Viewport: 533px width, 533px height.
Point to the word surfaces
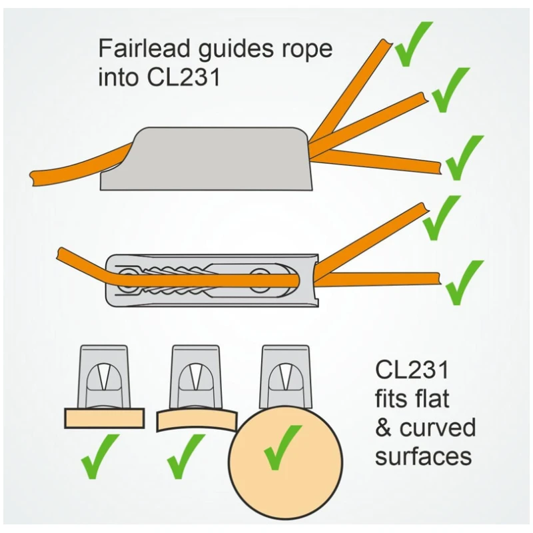[x=424, y=456]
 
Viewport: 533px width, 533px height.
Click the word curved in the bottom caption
[x=438, y=427]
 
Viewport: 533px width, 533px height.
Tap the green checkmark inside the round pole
[x=282, y=447]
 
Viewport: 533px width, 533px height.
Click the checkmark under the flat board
[x=100, y=456]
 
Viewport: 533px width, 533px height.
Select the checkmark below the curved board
[x=186, y=456]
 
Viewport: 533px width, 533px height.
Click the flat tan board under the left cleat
[x=105, y=418]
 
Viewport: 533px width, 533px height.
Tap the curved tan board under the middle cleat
[x=197, y=420]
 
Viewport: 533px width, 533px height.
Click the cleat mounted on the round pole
[x=286, y=376]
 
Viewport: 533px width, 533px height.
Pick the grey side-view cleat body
[x=207, y=159]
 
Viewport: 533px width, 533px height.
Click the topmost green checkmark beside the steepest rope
[x=413, y=44]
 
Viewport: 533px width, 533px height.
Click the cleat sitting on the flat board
[x=104, y=376]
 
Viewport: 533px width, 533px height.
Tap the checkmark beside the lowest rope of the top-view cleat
[x=464, y=282]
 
